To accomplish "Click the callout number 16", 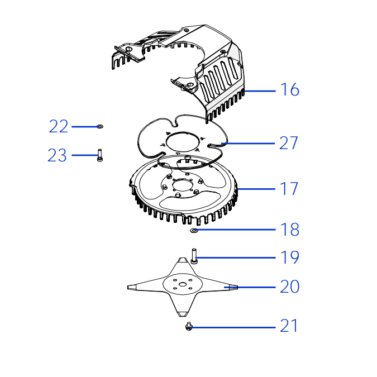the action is click(290, 89).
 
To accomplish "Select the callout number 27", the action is click(289, 143).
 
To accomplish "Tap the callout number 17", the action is click(289, 189).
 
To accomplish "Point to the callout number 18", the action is click(290, 230).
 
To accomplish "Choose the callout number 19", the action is click(290, 257).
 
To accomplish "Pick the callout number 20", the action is click(290, 287).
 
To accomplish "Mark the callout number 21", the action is click(289, 326).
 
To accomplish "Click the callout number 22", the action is click(59, 126).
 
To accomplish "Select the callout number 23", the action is click(57, 155).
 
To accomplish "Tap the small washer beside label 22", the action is click(100, 126).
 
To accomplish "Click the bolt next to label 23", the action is click(100, 155).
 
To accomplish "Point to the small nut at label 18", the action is click(194, 231).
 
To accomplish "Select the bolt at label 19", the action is click(194, 256).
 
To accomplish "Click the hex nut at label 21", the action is click(189, 326).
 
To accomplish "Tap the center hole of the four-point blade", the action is click(183, 285).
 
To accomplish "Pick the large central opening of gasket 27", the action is click(183, 142).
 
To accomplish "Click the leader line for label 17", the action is click(256, 189).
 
